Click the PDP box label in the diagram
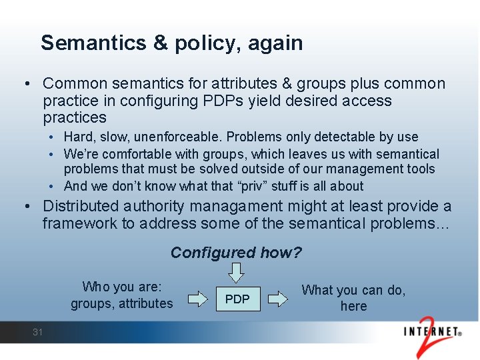(x=237, y=299)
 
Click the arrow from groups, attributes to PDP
(x=197, y=299)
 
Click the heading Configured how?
(x=236, y=253)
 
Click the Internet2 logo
(x=433, y=334)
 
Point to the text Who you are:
(x=122, y=287)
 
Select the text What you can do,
(x=353, y=290)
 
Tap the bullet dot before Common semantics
(x=25, y=84)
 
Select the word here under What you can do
(x=353, y=307)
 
